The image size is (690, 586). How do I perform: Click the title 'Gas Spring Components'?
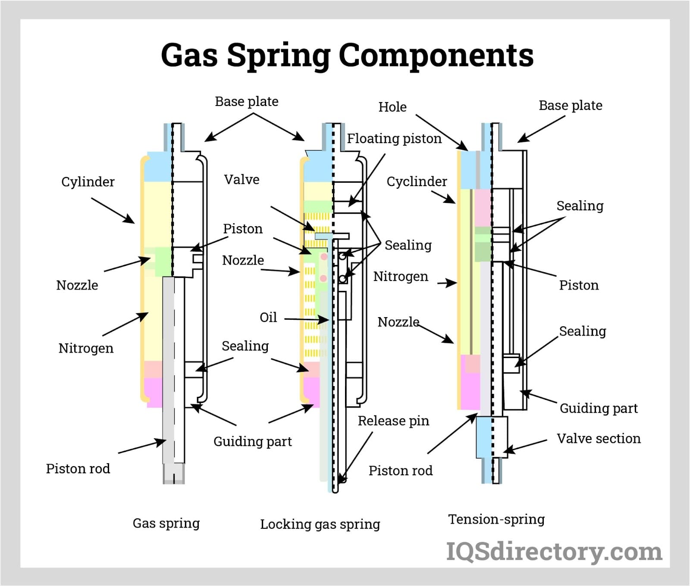[347, 55]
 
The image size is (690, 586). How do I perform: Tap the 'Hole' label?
[392, 107]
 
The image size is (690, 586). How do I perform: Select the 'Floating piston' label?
[394, 138]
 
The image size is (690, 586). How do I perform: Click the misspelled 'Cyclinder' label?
[417, 181]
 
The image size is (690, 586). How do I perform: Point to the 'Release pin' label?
[393, 421]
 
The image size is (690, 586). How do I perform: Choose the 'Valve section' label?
[599, 438]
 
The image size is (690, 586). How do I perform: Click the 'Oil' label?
[268, 318]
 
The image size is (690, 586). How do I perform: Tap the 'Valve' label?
[241, 179]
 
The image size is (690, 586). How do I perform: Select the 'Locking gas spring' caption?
[320, 524]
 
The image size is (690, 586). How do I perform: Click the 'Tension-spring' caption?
[496, 519]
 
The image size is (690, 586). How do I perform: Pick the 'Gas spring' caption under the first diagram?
[166, 523]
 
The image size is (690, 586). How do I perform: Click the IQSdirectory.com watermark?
[554, 552]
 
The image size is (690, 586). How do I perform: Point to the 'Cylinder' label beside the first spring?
[88, 182]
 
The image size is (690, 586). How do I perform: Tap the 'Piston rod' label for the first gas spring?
[78, 468]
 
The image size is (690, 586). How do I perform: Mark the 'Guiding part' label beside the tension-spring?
[598, 408]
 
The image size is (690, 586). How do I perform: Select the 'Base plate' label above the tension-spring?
[570, 106]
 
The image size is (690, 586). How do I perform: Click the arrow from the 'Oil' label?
[306, 319]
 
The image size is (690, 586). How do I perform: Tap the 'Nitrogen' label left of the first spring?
[86, 348]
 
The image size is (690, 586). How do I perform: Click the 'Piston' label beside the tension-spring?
[579, 285]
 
